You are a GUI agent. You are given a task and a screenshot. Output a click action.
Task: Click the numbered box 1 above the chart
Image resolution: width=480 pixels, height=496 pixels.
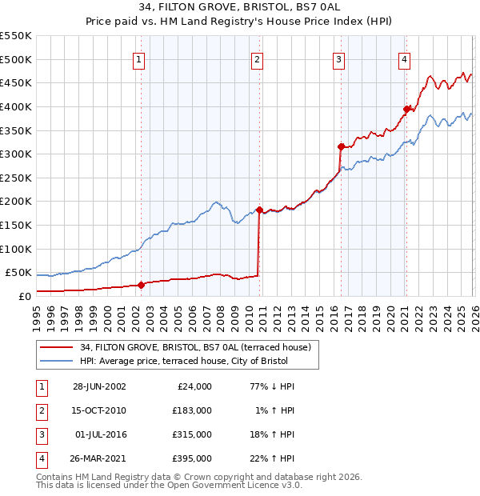click(139, 58)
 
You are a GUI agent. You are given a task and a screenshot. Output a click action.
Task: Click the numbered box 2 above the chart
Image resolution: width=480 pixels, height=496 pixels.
click(257, 58)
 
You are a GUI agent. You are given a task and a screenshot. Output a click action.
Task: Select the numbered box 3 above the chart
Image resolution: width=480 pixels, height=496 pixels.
click(338, 58)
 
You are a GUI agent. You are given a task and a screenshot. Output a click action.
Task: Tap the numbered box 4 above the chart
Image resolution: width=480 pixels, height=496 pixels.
click(405, 58)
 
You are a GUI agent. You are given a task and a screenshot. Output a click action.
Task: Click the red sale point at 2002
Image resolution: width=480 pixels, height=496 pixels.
click(141, 284)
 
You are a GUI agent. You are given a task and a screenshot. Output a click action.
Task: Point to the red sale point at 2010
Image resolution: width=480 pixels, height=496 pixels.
click(259, 209)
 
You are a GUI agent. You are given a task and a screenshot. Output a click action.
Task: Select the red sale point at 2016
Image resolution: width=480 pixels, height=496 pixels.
click(341, 146)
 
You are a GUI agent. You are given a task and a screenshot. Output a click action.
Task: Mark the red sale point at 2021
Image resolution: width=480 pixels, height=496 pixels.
click(407, 109)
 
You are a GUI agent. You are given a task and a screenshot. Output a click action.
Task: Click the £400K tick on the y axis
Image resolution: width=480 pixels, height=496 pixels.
click(16, 106)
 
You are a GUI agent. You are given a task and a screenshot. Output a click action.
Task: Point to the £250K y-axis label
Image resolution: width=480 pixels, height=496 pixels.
click(16, 178)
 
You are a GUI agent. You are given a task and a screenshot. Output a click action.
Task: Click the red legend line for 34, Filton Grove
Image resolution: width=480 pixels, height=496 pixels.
click(56, 347)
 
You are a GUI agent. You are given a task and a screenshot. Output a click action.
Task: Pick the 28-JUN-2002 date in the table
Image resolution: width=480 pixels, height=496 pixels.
click(99, 386)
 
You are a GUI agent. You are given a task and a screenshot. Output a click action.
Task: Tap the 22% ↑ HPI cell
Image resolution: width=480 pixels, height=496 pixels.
click(273, 458)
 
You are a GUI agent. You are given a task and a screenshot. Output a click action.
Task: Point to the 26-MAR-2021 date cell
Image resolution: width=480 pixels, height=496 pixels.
click(99, 458)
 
